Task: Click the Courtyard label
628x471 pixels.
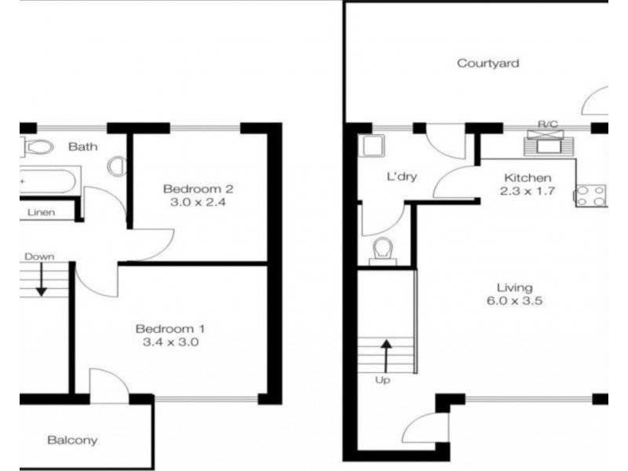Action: [487, 64]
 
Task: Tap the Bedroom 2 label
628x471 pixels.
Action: [198, 188]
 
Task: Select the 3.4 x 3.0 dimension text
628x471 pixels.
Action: [170, 342]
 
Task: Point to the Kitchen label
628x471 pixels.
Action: [528, 178]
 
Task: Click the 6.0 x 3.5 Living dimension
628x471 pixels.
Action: [515, 301]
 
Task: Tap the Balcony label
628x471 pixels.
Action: [72, 440]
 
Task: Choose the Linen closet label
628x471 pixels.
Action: [42, 212]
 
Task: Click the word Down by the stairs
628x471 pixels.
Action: [39, 257]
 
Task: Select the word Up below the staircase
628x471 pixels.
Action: [382, 380]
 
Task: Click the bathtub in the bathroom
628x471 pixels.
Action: [48, 181]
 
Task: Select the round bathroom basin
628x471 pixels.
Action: [117, 166]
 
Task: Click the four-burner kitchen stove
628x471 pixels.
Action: [591, 195]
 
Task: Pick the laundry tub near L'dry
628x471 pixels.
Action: [374, 146]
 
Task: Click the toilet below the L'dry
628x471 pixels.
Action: [383, 251]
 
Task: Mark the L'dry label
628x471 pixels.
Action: [402, 176]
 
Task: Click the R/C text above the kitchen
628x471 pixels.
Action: [547, 124]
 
